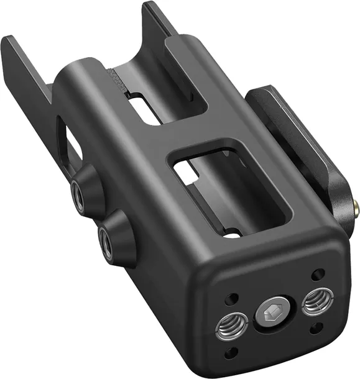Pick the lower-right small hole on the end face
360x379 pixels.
(317, 327)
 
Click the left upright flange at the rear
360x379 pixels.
(25, 68)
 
